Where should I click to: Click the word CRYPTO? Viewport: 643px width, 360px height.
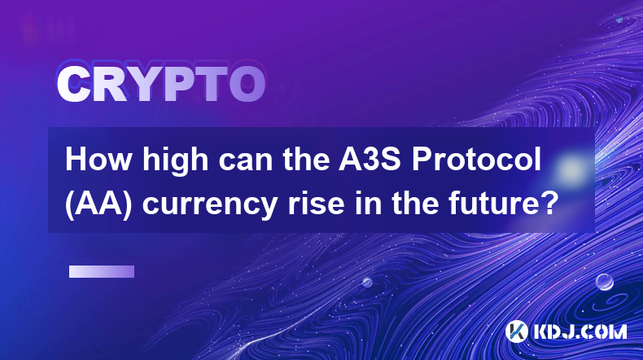[161, 84]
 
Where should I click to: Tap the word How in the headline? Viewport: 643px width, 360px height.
[98, 159]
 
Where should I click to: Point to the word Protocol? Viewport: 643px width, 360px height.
[476, 159]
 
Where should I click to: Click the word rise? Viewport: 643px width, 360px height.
[316, 204]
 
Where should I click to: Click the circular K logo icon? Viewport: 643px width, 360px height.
[516, 331]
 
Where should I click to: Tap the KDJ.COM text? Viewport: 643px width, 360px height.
[580, 331]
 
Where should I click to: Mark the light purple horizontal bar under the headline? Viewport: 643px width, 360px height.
[102, 272]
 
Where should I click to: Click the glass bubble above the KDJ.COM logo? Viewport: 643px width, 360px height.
[605, 282]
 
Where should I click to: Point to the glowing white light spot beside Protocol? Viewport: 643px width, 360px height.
[571, 169]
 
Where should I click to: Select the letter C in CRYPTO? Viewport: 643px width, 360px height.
[73, 84]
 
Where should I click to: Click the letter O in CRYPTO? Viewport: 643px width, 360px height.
[247, 84]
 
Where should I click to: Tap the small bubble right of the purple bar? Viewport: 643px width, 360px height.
[367, 282]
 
